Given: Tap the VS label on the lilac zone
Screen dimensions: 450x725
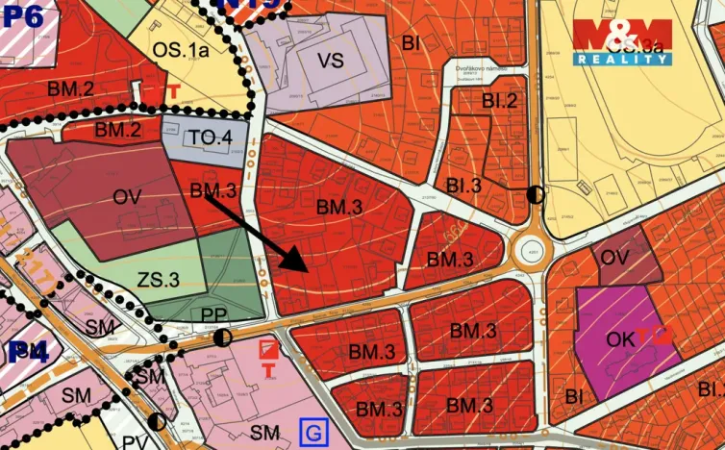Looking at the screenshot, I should coord(330,61).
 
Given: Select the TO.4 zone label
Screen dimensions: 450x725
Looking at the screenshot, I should coord(210,137).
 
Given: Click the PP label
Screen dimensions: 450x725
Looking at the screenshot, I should coord(213,315).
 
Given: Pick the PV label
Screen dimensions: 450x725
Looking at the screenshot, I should coord(134,441).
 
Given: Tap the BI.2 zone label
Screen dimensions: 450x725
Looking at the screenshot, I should coord(500,100).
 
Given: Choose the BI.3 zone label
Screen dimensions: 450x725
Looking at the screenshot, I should coord(463,186).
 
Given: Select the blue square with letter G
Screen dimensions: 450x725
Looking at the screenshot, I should coord(311,433).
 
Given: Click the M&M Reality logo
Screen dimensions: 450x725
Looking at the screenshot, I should coord(622,41).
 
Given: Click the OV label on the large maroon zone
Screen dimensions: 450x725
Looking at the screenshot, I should coord(128,197).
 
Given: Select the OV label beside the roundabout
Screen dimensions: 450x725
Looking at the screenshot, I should coord(614,258).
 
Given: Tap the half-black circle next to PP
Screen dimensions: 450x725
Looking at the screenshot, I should coord(222,337).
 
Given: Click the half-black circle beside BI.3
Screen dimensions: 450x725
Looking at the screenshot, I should coord(536,194).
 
